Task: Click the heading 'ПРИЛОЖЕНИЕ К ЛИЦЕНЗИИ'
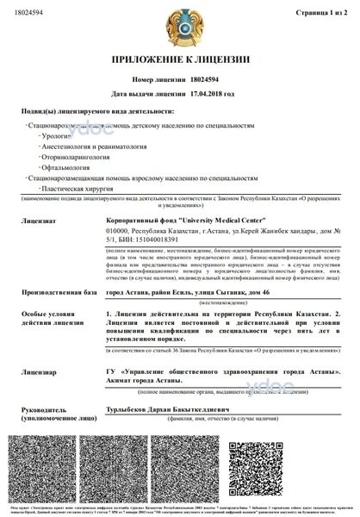tap(179, 59)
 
